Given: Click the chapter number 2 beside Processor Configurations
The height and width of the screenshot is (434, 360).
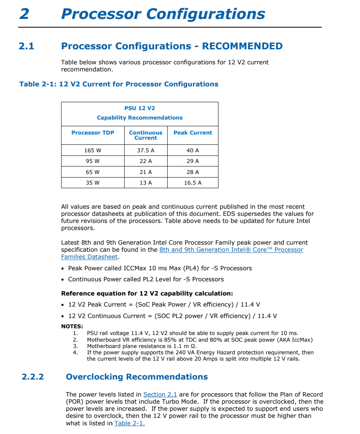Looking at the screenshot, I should pos(24,14).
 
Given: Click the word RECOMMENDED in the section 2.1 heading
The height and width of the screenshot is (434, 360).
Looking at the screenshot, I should pos(242,46).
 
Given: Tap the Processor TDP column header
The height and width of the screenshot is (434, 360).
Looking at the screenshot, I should pos(93,133).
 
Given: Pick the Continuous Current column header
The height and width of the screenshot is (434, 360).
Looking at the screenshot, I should pos(145,135).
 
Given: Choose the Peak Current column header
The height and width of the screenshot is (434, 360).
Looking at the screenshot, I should pos(193,133).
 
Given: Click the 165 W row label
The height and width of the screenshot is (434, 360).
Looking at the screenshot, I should pos(93,150).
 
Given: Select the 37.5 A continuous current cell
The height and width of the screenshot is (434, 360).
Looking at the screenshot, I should pos(145,150).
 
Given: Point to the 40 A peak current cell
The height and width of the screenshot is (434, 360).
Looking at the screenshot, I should pos(193,150).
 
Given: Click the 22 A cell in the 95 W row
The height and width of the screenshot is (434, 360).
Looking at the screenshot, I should pos(145,161).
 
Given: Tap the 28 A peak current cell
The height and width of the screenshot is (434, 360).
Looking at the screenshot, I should pos(193,172).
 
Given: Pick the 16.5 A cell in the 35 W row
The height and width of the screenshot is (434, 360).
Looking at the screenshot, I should pos(193,183).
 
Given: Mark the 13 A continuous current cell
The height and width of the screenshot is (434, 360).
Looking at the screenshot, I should pos(145,183).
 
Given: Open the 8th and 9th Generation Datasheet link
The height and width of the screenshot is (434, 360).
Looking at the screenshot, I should pos(231,250).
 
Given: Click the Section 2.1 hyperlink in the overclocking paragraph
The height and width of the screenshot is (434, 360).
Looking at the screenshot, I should pos(160,395).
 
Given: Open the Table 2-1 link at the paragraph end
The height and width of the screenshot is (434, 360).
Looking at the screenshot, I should pos(129,423).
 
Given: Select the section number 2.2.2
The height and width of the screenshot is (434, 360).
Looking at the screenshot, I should pos(33,377).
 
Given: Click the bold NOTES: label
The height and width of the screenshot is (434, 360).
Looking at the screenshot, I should pos(72,326).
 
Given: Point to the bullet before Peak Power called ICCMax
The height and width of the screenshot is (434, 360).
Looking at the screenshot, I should pos(63,268).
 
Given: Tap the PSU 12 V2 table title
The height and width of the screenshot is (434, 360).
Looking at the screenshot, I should pos(140,108).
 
